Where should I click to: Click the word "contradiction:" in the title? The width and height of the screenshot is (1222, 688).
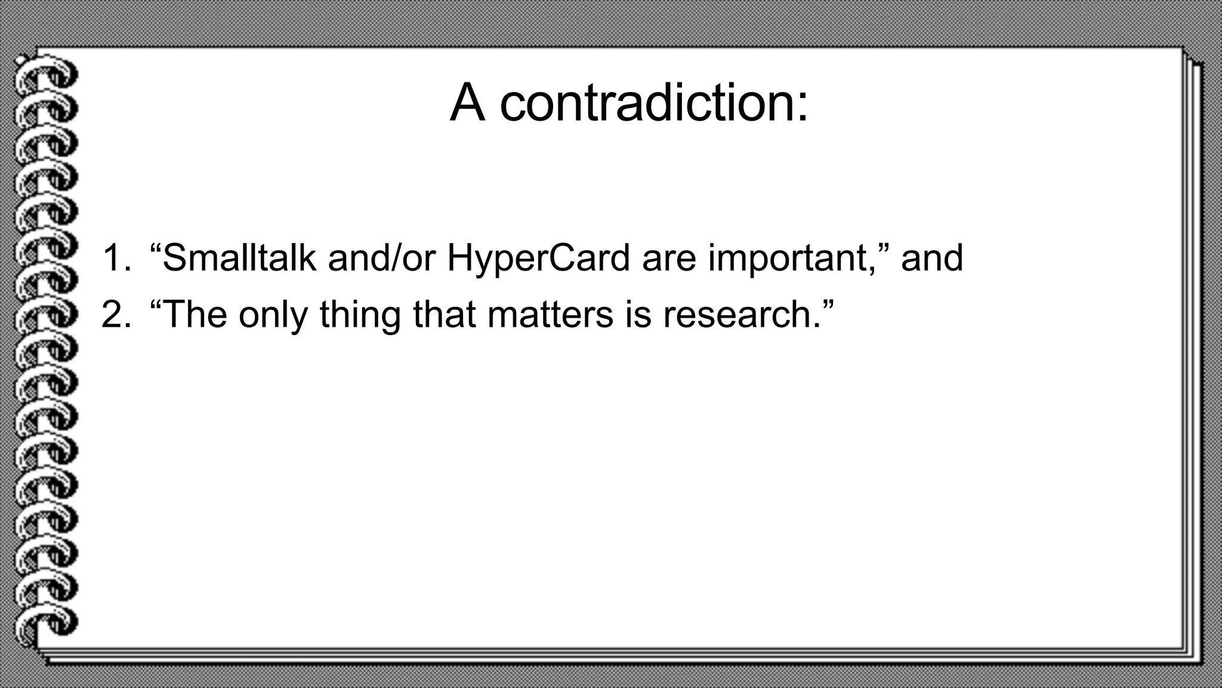point(654,103)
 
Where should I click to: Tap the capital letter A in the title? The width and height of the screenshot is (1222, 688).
point(467,103)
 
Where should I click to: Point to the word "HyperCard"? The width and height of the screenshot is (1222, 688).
point(538,259)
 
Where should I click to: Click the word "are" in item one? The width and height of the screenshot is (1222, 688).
point(668,259)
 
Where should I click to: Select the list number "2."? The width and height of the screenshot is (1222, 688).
point(116,314)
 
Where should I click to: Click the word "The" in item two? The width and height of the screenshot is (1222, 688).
point(195,314)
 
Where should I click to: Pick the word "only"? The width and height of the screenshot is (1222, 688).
point(273,315)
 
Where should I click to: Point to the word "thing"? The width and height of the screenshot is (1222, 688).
point(360,315)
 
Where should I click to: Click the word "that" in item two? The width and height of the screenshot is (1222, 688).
point(444,314)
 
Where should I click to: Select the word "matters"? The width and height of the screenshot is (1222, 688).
point(550,314)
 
